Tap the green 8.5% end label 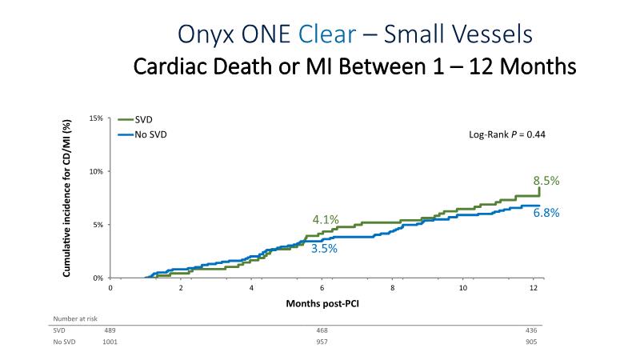tap(546, 182)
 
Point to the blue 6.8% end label tap(546, 213)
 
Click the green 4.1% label tap(326, 219)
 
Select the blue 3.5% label tap(324, 249)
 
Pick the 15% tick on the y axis tap(96, 118)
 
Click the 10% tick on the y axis tap(96, 171)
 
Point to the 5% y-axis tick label tap(98, 225)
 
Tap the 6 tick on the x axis tap(322, 287)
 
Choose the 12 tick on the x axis tap(534, 287)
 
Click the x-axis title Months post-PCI tap(322, 304)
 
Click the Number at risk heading tap(72, 318)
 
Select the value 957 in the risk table tap(322, 342)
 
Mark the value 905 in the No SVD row tap(532, 342)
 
